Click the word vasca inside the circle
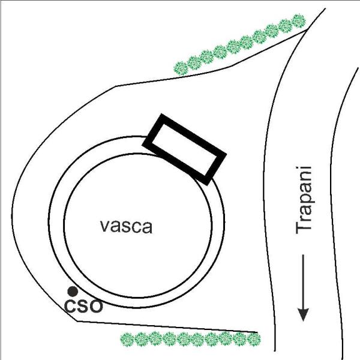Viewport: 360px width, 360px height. click(126, 226)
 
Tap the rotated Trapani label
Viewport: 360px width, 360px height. click(304, 200)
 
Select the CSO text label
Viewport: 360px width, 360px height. click(83, 306)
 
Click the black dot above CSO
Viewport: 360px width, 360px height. click(73, 292)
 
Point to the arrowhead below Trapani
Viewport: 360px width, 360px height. click(303, 314)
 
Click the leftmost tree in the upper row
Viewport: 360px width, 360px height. click(181, 68)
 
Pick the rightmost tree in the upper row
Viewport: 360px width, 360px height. click(299, 21)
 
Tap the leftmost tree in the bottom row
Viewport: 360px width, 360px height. click(127, 340)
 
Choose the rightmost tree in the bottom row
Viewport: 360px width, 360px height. click(254, 339)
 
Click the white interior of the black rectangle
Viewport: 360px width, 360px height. click(184, 149)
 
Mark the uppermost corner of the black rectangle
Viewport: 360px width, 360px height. click(161, 114)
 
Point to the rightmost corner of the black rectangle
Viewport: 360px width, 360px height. click(227, 155)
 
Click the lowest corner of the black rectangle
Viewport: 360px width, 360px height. click(208, 185)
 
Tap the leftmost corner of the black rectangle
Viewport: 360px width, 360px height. click(142, 145)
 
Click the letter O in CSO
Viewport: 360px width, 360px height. click(96, 306)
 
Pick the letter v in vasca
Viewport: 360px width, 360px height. click(106, 227)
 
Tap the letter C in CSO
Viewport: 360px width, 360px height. click(70, 306)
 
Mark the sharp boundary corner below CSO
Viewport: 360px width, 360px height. click(77, 322)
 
